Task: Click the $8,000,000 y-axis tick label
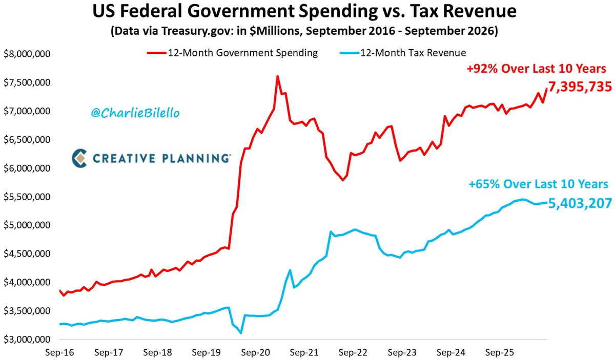pos(27,54)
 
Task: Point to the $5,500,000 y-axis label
pos(27,197)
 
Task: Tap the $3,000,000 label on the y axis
pos(27,340)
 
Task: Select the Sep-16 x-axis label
pos(59,352)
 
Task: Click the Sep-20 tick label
pos(255,352)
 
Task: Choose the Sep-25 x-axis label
pos(500,352)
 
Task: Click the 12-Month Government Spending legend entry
pos(233,53)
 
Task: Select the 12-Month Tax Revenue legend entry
pos(403,53)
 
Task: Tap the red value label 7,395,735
pos(580,87)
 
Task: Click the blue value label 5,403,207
pos(580,204)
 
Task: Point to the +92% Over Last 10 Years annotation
pos(536,69)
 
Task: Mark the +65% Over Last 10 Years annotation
pos(539,184)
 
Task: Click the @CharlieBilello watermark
pos(135,113)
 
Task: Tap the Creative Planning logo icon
pos(79,158)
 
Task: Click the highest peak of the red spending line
pos(278,76)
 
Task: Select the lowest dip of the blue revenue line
pos(241,333)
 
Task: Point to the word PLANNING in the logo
pos(196,158)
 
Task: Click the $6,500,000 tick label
pos(27,140)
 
